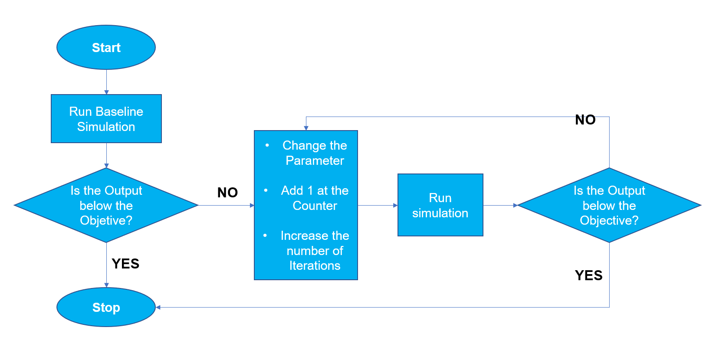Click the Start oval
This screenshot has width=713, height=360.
click(106, 47)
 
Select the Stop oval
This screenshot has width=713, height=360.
click(106, 307)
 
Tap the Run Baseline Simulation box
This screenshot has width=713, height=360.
click(106, 119)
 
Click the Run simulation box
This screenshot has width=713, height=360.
click(440, 205)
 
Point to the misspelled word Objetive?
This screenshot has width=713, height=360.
click(106, 220)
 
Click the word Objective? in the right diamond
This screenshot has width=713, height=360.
click(609, 220)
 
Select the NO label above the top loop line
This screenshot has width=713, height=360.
click(585, 120)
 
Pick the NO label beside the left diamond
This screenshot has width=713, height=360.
click(227, 193)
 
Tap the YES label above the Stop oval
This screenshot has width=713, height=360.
click(125, 264)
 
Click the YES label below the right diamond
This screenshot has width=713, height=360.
click(588, 275)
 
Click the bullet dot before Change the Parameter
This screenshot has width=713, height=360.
click(267, 145)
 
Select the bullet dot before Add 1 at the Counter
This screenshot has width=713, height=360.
click(266, 190)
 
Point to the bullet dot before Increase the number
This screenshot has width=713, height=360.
click(265, 236)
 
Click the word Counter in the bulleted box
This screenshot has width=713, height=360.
click(315, 206)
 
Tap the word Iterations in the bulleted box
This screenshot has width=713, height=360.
click(315, 265)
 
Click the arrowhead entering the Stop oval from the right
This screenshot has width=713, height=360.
click(158, 307)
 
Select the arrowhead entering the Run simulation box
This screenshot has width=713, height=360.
click(395, 205)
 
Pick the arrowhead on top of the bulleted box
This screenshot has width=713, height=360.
click(306, 128)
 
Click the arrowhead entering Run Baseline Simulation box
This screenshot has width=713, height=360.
click(106, 92)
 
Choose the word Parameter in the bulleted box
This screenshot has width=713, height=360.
click(315, 160)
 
